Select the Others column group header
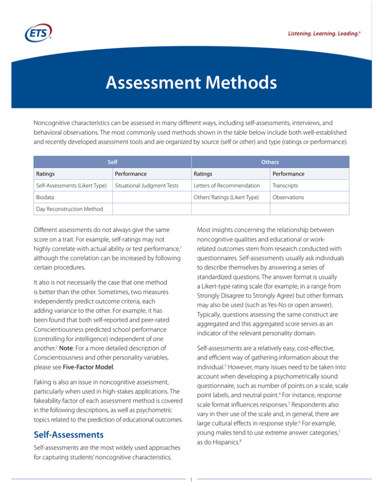click(x=271, y=162)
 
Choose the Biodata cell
click(x=46, y=197)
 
